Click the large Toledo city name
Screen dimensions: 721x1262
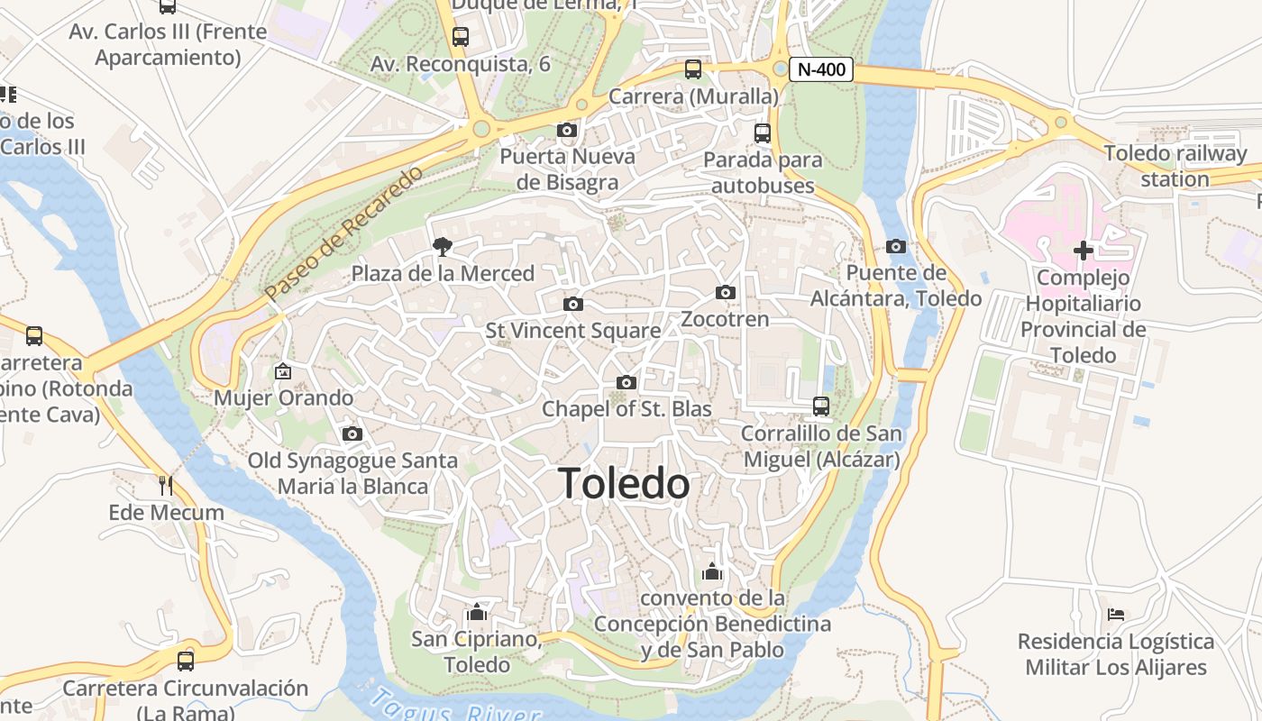click(624, 484)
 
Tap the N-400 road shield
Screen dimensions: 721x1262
click(820, 69)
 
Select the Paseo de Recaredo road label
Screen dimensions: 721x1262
click(343, 233)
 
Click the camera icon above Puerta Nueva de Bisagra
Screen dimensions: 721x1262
click(567, 131)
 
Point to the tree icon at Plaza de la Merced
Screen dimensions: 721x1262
click(443, 246)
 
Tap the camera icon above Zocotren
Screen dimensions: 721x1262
click(725, 293)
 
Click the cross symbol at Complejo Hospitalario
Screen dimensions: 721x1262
click(1084, 251)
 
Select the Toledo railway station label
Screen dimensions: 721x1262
click(1175, 166)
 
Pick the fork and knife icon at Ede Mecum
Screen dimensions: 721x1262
click(166, 486)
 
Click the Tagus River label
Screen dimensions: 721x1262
click(442, 706)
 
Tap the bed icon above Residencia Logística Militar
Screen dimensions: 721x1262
click(1116, 615)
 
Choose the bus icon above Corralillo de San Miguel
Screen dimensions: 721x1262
click(820, 406)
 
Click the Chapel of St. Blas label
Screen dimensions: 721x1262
click(626, 409)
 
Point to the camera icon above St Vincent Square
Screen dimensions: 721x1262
click(572, 305)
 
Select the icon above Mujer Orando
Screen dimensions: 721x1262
click(283, 370)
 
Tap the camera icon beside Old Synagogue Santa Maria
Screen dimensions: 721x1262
click(352, 434)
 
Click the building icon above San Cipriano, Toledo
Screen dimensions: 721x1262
click(477, 613)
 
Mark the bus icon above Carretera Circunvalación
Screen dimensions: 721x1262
click(186, 661)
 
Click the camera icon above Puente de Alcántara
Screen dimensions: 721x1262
click(895, 247)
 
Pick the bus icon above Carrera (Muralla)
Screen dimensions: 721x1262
click(693, 69)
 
